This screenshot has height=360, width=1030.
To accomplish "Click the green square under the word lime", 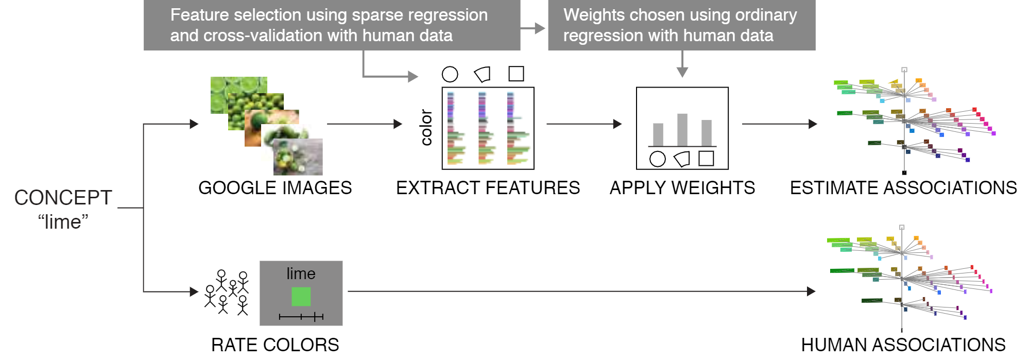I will (x=301, y=297).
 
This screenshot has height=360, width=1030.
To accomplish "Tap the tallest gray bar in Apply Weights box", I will (x=682, y=130).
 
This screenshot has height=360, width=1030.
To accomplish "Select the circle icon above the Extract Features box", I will (x=450, y=74).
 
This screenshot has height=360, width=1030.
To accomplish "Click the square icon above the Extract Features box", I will (x=516, y=74).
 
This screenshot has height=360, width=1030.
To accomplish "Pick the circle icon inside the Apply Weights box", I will (x=657, y=159).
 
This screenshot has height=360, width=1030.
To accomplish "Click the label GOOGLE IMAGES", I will (x=275, y=188).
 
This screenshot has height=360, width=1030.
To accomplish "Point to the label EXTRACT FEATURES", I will (x=488, y=188).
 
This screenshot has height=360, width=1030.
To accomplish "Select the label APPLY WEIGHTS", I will (x=682, y=188).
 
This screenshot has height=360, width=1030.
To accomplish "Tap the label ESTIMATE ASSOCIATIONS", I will (x=903, y=188).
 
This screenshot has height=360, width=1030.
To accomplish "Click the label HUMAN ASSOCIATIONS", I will (x=903, y=345).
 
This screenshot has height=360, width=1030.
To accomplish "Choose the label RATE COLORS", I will (x=275, y=345).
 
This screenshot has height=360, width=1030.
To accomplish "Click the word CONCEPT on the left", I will (x=63, y=198).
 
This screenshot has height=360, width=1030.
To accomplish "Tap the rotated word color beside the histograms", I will (x=426, y=127).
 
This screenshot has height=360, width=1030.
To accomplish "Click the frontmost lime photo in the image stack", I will (x=298, y=157).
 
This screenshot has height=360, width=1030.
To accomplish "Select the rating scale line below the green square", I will (x=301, y=317).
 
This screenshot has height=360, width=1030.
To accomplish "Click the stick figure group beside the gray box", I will (x=227, y=292).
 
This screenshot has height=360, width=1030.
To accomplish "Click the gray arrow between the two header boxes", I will (x=533, y=28).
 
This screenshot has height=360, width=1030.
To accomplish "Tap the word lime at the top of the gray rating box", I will (x=301, y=273).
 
